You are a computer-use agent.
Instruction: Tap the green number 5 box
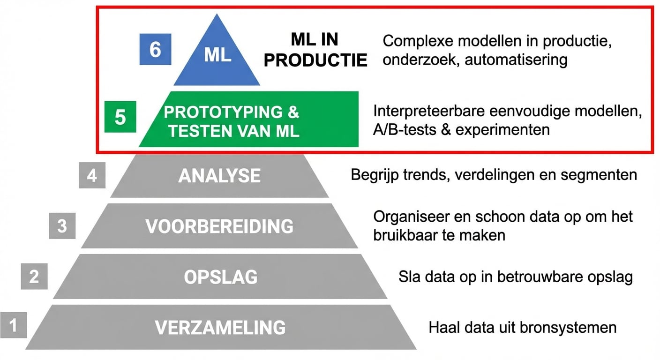click(120, 117)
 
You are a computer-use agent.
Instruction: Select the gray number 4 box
click(92, 176)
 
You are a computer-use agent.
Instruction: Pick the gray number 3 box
click(62, 226)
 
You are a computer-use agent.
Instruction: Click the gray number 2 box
click(34, 276)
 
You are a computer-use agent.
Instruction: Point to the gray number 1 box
click(13, 324)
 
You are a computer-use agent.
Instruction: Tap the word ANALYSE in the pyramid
click(219, 176)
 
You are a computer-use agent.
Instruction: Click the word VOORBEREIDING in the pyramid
click(219, 226)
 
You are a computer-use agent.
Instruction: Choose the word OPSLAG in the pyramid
click(220, 277)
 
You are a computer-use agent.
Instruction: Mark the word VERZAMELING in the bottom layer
click(220, 327)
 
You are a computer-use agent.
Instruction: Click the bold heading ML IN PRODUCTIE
click(315, 50)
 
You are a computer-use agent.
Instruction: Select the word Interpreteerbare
click(428, 112)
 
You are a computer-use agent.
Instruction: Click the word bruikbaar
click(408, 234)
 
